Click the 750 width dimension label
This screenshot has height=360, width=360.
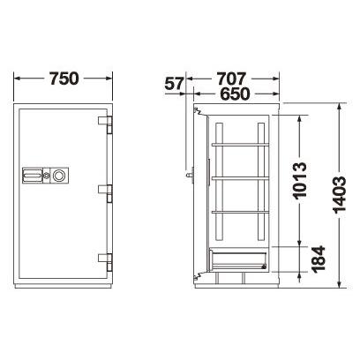pos(64,79)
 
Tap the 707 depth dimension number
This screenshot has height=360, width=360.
pos(231,79)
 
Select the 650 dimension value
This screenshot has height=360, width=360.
pos(235,94)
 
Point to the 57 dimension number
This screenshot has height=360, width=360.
pos(174,84)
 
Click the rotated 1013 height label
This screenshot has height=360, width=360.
pos(300,181)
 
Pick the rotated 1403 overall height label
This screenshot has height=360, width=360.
pos(339,194)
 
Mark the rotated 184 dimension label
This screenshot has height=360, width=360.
pos(319,259)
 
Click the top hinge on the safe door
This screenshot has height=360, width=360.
pos(105,124)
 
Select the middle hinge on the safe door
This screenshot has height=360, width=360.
pos(105,193)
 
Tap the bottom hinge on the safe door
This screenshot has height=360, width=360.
pos(105,262)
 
